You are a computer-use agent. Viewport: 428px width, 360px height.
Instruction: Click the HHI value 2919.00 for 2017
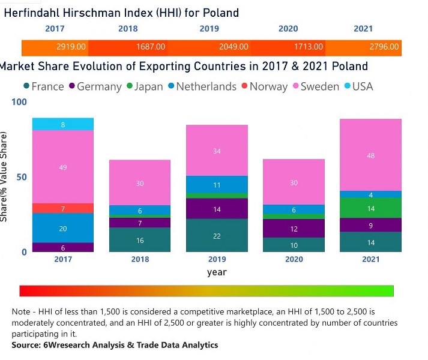71,47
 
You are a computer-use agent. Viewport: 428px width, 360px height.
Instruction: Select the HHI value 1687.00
150,47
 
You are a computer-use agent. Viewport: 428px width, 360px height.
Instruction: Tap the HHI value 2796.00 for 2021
384,47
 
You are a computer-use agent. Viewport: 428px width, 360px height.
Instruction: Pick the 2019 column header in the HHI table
209,28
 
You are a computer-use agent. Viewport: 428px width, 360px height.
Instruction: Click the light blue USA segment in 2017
63,124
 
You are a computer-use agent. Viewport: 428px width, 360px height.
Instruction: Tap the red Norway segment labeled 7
63,208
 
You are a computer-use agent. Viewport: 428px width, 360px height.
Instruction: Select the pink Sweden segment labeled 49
63,167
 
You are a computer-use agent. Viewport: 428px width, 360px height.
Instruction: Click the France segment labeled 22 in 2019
217,236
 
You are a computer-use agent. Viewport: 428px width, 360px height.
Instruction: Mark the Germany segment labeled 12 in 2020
294,229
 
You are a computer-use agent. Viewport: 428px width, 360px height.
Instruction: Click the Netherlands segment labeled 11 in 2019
217,185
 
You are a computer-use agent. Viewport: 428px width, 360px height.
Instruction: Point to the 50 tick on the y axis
20,178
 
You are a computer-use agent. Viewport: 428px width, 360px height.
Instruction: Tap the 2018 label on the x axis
140,260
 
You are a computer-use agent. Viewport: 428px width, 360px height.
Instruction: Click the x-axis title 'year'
217,272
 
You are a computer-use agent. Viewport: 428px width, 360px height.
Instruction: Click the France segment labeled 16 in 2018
140,240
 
